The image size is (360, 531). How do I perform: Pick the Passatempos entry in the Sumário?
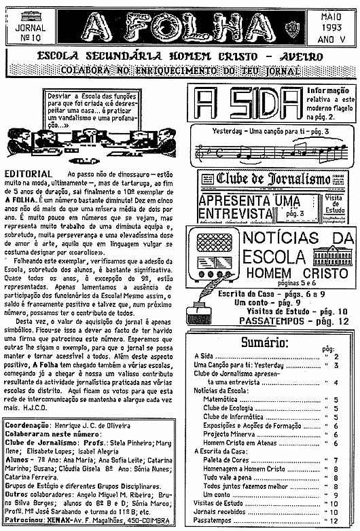pos(213,519)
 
